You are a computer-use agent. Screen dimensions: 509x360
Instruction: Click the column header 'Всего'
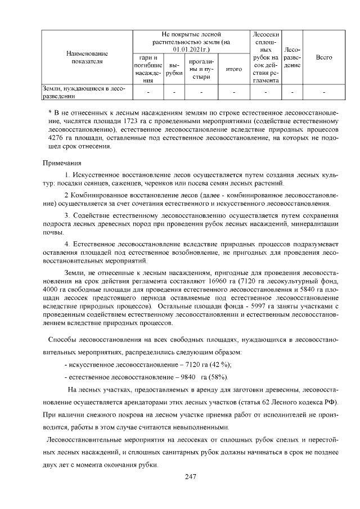click(x=324, y=57)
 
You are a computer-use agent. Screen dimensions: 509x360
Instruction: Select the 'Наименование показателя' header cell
click(x=87, y=57)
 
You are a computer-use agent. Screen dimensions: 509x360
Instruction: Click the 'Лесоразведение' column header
click(x=291, y=57)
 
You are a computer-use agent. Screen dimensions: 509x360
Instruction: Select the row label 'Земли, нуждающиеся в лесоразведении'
click(x=83, y=92)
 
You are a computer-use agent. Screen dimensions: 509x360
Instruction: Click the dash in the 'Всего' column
click(x=324, y=92)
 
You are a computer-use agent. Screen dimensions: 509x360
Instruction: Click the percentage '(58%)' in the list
click(x=217, y=377)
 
